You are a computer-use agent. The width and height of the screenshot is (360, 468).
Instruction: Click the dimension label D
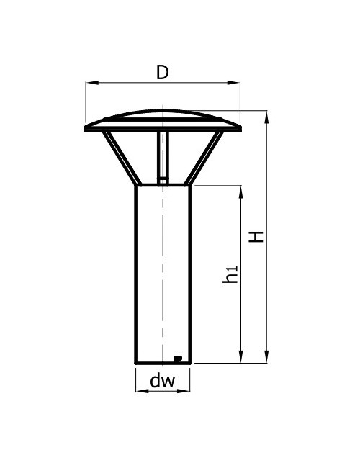(163, 72)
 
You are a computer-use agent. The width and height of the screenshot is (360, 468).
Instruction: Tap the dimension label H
(256, 237)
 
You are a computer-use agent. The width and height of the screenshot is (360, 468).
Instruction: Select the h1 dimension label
(230, 274)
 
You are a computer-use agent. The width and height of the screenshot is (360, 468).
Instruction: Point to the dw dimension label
(163, 381)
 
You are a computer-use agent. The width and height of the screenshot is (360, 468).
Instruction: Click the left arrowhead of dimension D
(92, 82)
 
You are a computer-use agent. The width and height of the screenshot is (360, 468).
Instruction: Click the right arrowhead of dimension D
(233, 82)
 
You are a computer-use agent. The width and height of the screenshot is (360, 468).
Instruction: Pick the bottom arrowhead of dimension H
(266, 356)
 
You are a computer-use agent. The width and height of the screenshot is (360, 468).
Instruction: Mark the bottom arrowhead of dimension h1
(241, 356)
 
